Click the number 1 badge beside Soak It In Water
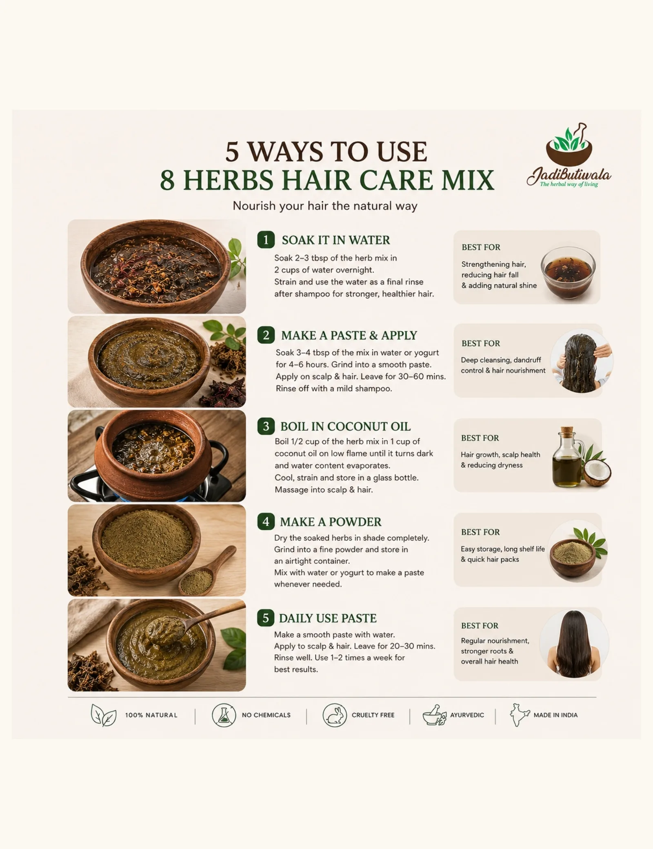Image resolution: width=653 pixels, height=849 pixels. click(266, 240)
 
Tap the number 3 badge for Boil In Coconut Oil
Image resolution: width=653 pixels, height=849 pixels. click(266, 426)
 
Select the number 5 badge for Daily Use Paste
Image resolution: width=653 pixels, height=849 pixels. click(266, 618)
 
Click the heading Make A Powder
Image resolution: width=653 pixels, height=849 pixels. click(331, 522)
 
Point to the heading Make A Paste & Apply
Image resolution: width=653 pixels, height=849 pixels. click(349, 335)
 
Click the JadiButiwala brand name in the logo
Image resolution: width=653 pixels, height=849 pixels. click(569, 175)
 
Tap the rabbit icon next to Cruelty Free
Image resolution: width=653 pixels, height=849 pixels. click(335, 715)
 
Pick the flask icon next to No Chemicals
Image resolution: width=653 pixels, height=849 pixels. click(224, 715)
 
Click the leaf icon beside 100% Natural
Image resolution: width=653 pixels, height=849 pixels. click(103, 715)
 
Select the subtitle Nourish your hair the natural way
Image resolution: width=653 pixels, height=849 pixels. click(325, 206)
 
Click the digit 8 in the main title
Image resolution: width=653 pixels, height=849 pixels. click(168, 180)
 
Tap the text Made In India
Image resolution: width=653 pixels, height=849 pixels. click(555, 715)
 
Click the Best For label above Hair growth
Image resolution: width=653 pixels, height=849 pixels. click(480, 438)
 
